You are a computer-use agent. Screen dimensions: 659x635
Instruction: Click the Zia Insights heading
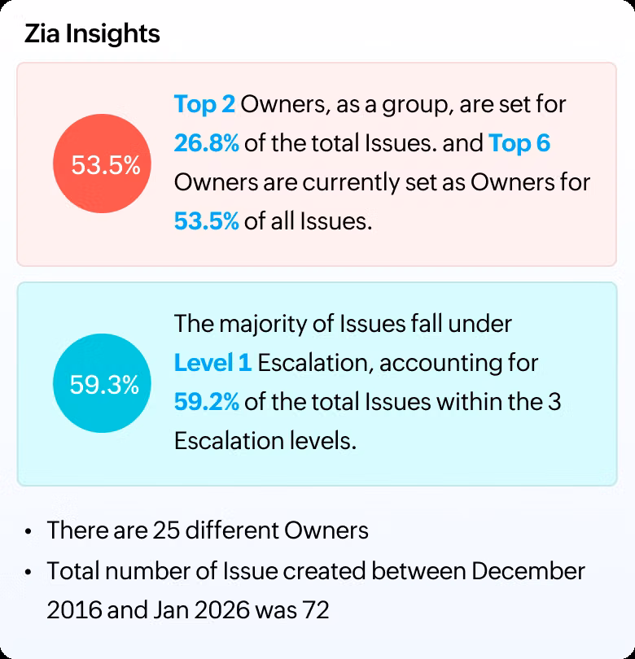92,34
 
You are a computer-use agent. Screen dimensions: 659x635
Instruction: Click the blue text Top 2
205,104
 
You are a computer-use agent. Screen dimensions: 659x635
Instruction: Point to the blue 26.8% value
206,143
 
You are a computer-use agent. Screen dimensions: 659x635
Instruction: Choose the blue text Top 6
519,143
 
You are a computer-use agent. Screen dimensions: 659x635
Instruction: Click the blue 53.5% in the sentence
206,221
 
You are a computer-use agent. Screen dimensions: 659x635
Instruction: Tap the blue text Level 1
212,363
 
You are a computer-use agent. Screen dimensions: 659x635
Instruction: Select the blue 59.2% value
206,402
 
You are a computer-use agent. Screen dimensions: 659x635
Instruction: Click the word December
528,570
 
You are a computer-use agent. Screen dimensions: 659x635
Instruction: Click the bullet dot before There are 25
29,532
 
